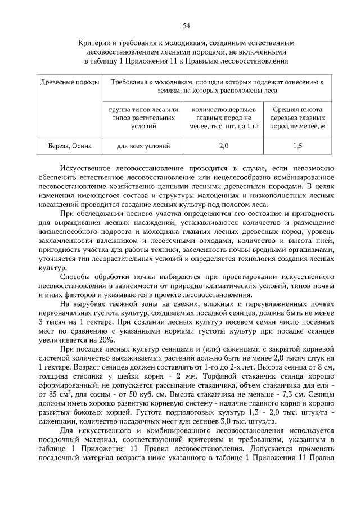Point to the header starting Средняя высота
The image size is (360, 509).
pyautogui.click(x=298, y=109)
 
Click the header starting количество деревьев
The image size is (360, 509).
pyautogui.click(x=223, y=109)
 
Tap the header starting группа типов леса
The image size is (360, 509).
pyautogui.click(x=143, y=109)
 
